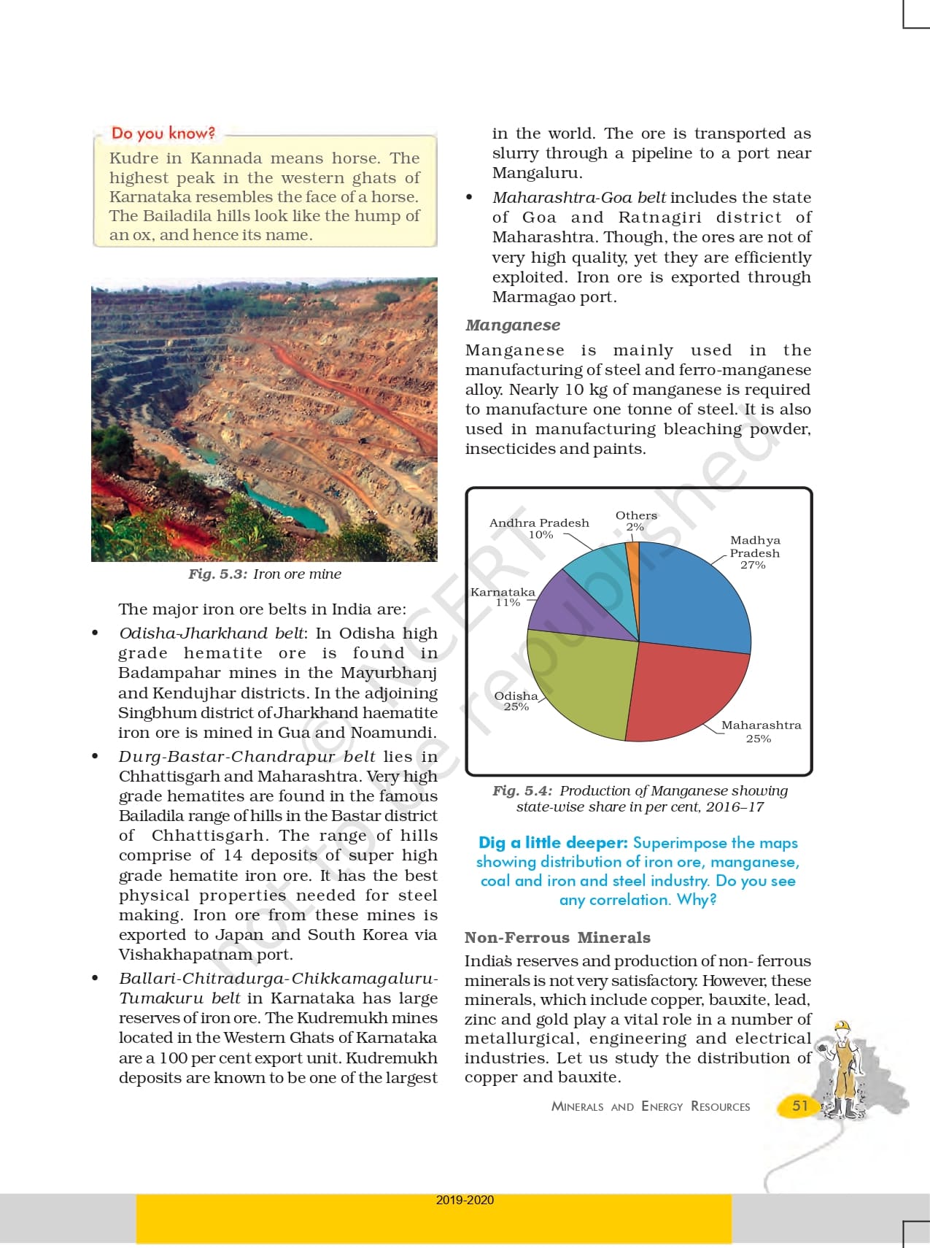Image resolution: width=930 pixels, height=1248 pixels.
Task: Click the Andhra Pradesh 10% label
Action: coord(539,528)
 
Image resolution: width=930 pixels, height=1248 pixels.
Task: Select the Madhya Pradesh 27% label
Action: coord(754,552)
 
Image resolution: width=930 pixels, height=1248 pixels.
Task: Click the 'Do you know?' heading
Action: coord(163,133)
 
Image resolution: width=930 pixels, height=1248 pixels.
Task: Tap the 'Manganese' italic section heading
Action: coord(513,326)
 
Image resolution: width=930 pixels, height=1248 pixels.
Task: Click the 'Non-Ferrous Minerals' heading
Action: coord(557,938)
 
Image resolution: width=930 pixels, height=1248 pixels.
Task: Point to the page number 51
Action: coord(800,1105)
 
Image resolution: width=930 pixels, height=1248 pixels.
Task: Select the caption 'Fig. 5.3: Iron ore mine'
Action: coord(265,574)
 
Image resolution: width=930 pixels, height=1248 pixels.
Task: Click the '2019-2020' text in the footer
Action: coord(465,1200)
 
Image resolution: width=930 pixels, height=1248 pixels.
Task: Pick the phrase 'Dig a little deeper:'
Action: coord(553,843)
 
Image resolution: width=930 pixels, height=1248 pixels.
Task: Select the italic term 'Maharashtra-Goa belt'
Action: coord(579,198)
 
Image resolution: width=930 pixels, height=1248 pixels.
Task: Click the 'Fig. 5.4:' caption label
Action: coord(522,791)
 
